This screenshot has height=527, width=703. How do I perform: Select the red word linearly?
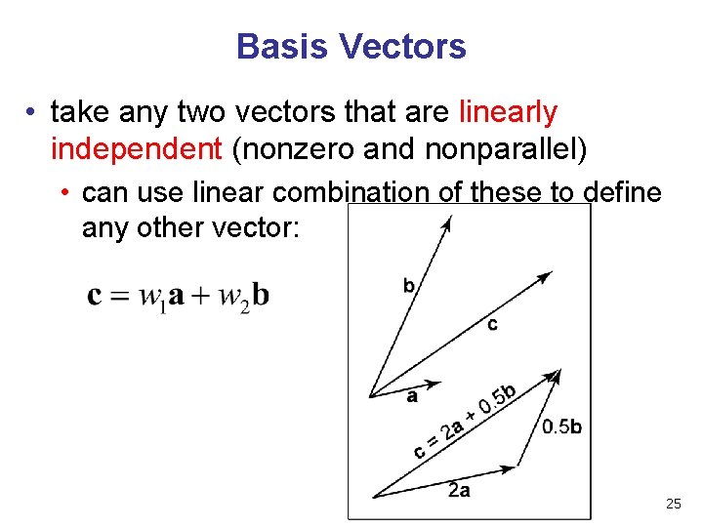pos(508,112)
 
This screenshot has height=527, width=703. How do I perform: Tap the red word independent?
pos(137,149)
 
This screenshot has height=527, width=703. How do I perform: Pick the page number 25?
pos(673,504)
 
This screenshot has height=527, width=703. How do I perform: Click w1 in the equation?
pos(151,296)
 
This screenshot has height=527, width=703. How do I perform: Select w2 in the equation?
pos(234,296)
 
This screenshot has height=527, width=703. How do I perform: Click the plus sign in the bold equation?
pos(200,295)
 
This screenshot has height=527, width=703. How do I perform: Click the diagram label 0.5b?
pos(561,426)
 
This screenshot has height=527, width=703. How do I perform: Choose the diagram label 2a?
pos(459,490)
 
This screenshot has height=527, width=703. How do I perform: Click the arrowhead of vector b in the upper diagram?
pos(447,222)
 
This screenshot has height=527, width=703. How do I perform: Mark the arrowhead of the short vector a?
pos(435,384)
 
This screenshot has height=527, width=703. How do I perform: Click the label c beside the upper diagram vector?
pos(492,324)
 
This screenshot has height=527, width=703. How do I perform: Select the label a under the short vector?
pos(412,397)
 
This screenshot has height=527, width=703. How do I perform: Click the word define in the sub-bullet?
pos(622,192)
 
